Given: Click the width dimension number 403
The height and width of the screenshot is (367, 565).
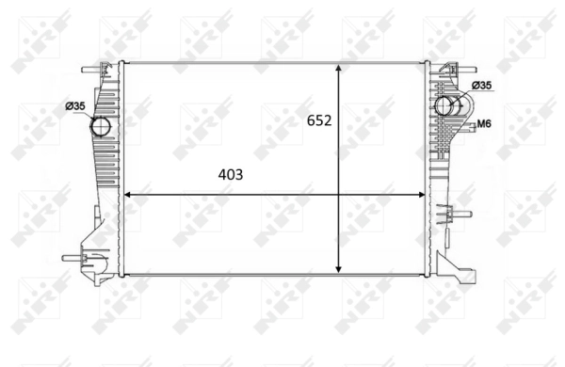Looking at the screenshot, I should click(231, 174).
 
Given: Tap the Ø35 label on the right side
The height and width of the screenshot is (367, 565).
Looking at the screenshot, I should click(481, 86).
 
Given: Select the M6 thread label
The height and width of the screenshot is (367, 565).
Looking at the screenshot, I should click(485, 123).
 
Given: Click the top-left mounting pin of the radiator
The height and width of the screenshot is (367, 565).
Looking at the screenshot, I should click(89, 69).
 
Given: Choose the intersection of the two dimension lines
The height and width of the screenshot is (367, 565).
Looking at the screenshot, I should click(339, 195).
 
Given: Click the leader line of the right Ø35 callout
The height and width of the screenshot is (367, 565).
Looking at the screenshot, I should click(464, 92).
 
